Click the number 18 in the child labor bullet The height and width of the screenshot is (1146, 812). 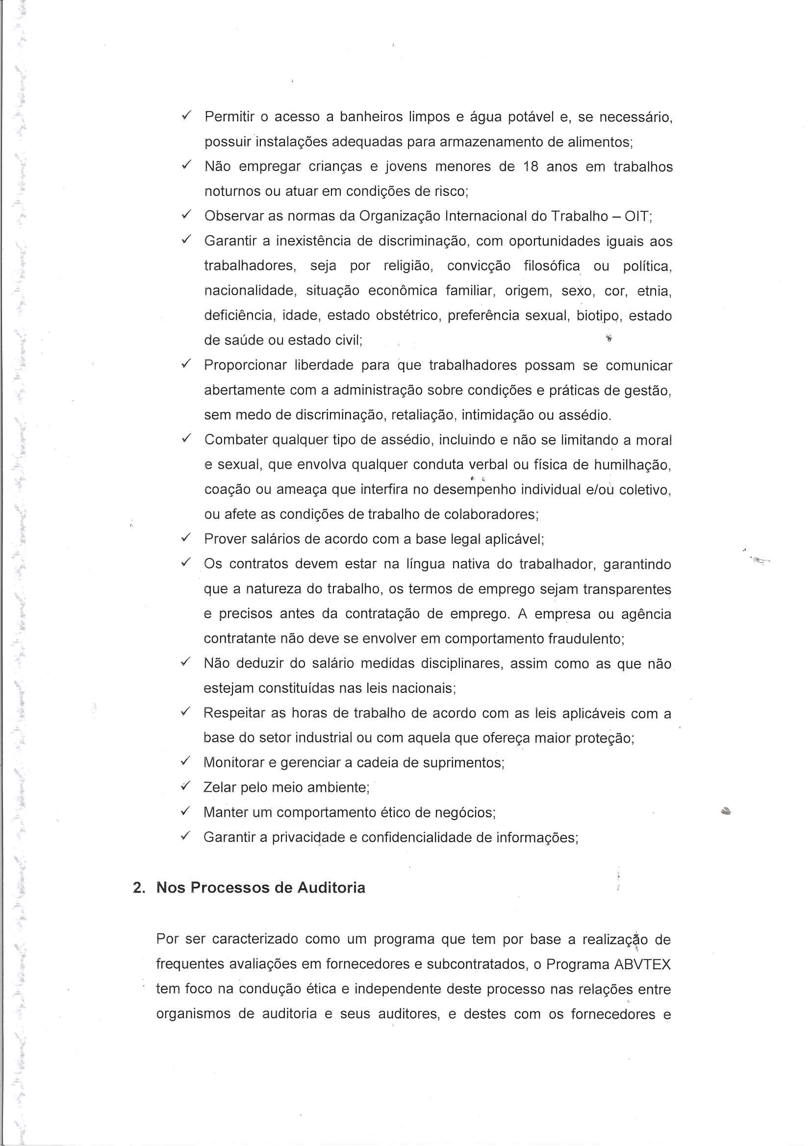(x=531, y=167)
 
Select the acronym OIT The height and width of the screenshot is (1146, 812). (x=637, y=216)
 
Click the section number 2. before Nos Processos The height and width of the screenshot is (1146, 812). (x=139, y=888)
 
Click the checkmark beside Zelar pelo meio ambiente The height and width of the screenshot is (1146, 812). (x=186, y=787)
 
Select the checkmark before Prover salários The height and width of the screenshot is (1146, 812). (x=186, y=538)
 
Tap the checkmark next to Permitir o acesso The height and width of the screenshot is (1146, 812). (x=186, y=116)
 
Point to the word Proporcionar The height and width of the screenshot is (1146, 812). (x=245, y=366)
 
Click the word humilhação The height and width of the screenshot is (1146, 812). (x=632, y=465)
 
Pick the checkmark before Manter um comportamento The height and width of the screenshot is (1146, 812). (x=186, y=812)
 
